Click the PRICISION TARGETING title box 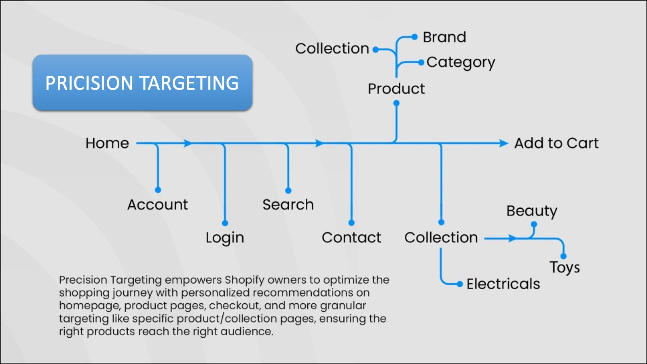[x=142, y=83]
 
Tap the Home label [x=107, y=143]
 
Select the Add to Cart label [x=556, y=143]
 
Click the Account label [x=158, y=205]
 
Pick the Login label [x=225, y=238]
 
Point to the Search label [x=288, y=205]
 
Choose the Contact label [x=351, y=237]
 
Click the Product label [x=396, y=89]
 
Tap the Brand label [x=444, y=37]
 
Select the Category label [x=461, y=62]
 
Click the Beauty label [x=532, y=211]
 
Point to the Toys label [x=565, y=267]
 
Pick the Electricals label [x=503, y=284]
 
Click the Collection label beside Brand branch [x=332, y=49]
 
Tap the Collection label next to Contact [x=441, y=237]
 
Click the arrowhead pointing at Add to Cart [x=503, y=143]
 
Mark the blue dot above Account [x=158, y=190]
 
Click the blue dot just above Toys [x=563, y=256]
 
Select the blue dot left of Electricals [x=459, y=284]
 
